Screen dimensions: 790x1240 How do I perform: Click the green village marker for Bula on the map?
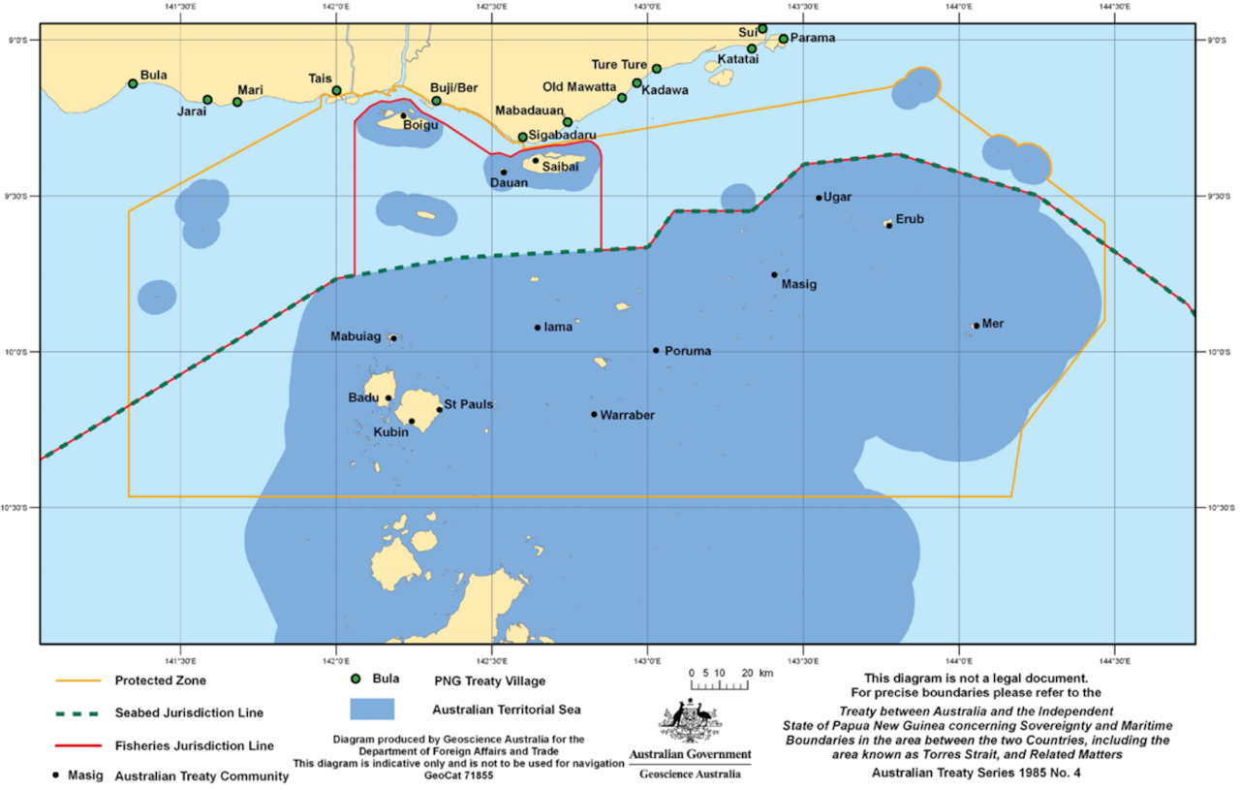[133, 83]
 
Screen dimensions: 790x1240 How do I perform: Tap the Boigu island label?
[421, 125]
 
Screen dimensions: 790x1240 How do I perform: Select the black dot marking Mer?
[976, 326]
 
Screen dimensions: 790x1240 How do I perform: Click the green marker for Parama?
[784, 39]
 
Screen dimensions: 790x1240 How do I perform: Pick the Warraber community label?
[628, 415]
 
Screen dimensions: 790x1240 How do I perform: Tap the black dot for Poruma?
[656, 351]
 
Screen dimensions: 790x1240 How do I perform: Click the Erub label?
[910, 219]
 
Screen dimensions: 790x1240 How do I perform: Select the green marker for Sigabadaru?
[522, 137]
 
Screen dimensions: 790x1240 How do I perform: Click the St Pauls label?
[469, 403]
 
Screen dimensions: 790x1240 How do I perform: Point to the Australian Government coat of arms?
[690, 721]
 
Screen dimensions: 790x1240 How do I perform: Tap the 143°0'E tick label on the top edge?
[647, 8]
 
